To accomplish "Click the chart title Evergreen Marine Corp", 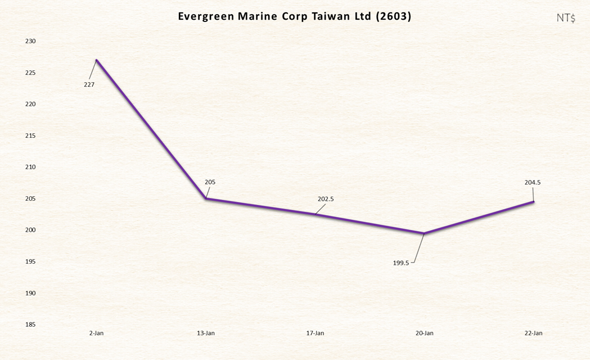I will point(294,16).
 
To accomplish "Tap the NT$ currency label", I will point(566,18).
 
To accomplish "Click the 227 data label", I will point(89,84).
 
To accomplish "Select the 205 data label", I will point(210,182).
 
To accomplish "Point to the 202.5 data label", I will point(326,199).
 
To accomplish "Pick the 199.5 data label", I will point(401,263).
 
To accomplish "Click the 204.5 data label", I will point(532,182).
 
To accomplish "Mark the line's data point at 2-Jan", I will point(96,60).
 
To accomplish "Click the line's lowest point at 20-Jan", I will point(424,233).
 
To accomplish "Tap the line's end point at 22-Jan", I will point(533,201).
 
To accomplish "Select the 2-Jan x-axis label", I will point(96,333).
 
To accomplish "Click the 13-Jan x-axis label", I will point(206,333).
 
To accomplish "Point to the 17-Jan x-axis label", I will point(315,333).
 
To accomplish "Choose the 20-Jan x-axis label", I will point(424,333).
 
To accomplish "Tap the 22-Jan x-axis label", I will point(533,333).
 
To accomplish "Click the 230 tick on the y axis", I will point(30,41).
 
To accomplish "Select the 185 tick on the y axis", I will point(30,325).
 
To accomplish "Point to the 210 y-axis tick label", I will point(30,167).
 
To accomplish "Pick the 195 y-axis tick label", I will point(30,262).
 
